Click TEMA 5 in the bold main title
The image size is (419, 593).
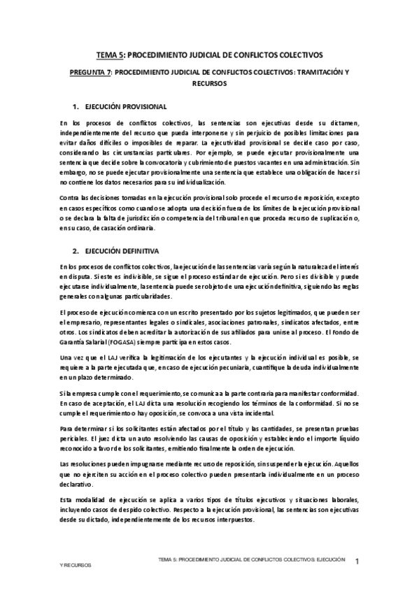[x=110, y=54]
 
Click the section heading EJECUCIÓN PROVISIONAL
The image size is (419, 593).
[x=126, y=107]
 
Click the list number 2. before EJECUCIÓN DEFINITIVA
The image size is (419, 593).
[x=76, y=250]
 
